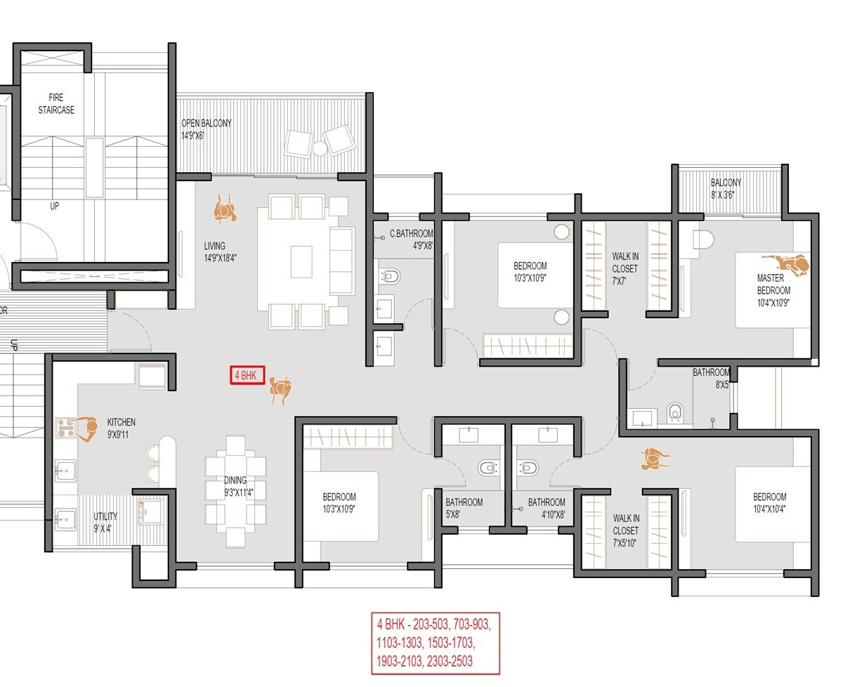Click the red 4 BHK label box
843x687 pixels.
[247, 376]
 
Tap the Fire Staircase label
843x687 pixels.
[61, 103]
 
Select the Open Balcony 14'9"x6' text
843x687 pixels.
[206, 129]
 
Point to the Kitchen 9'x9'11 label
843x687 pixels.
[121, 428]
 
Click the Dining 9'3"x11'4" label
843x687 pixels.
[235, 486]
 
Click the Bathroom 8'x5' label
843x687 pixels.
[711, 378]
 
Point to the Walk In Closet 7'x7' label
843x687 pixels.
[625, 268]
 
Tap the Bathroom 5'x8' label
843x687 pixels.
[464, 508]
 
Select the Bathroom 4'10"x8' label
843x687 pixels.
[546, 508]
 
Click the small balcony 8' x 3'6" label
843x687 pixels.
[726, 188]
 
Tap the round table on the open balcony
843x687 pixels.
[319, 148]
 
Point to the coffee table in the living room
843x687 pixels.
[302, 261]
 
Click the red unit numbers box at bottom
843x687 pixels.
[435, 643]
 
